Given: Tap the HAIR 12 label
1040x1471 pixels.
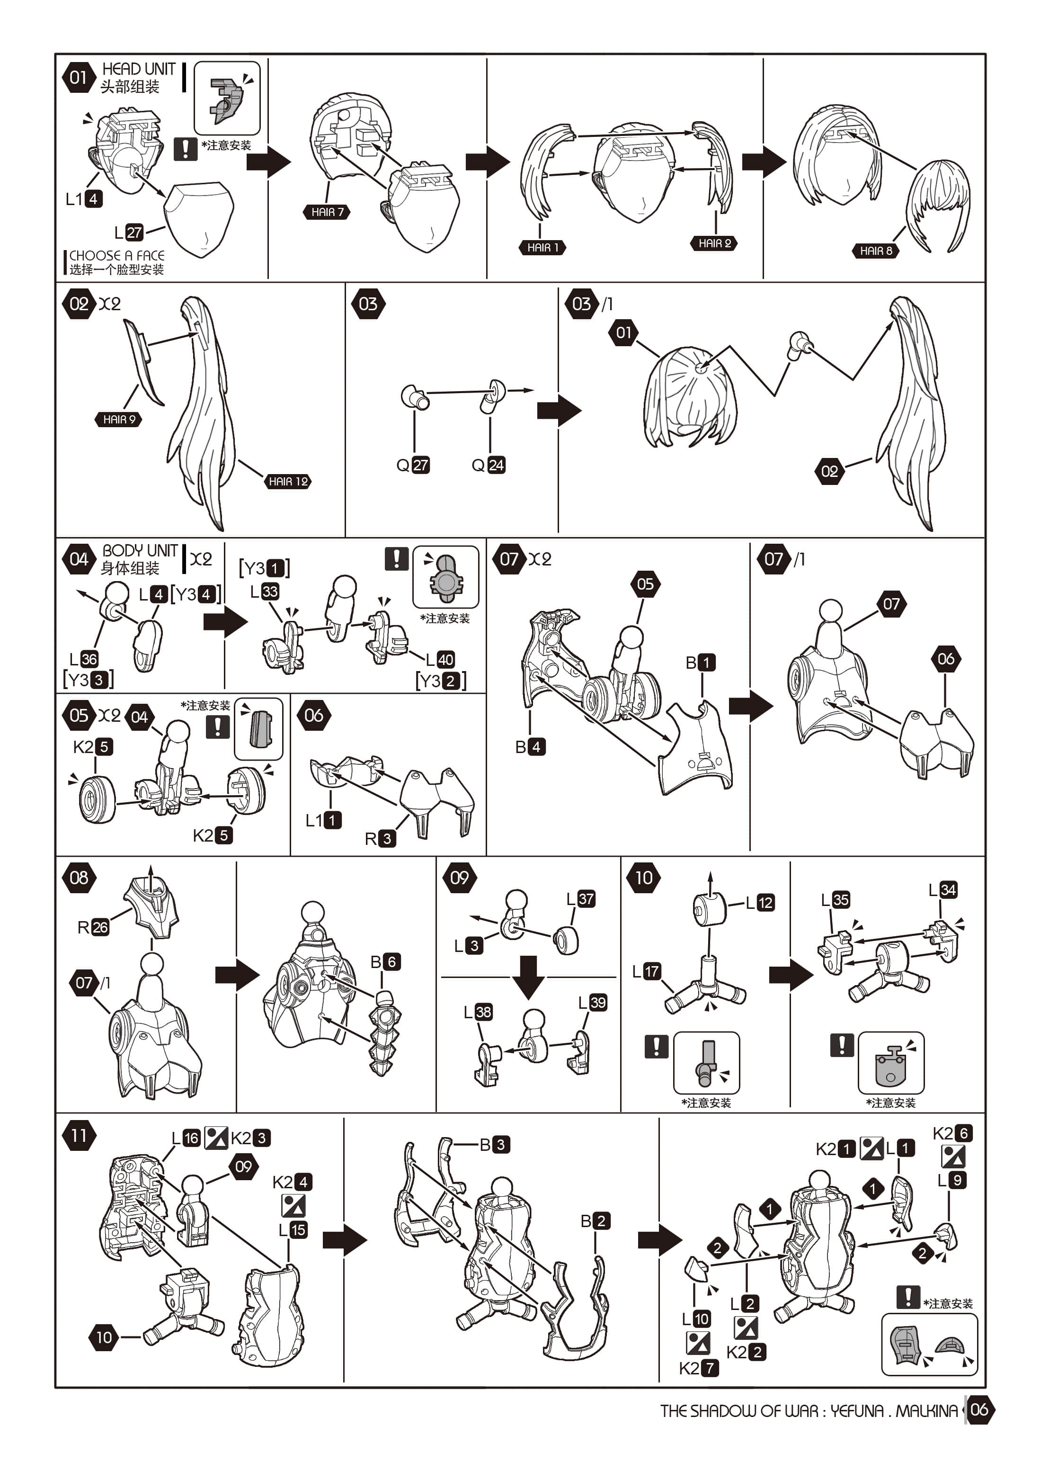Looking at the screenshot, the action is pyautogui.click(x=288, y=481).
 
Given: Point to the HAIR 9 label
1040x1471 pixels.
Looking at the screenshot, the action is pyautogui.click(x=119, y=420).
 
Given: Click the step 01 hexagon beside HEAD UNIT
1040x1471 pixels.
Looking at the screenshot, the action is pyautogui.click(x=78, y=78).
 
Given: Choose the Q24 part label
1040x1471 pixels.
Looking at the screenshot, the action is pyautogui.click(x=489, y=465).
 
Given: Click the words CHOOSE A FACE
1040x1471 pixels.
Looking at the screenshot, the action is pyautogui.click(x=116, y=255).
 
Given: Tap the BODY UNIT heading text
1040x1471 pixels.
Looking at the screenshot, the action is pyautogui.click(x=140, y=550).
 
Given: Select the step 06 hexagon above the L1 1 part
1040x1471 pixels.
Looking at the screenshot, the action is pyautogui.click(x=314, y=716).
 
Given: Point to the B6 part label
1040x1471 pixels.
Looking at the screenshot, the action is pyautogui.click(x=385, y=962).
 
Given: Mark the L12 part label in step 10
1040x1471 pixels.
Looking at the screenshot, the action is pyautogui.click(x=760, y=903).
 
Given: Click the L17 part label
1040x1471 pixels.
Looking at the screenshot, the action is pyautogui.click(x=646, y=971).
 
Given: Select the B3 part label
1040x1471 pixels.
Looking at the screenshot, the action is pyautogui.click(x=495, y=1144).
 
